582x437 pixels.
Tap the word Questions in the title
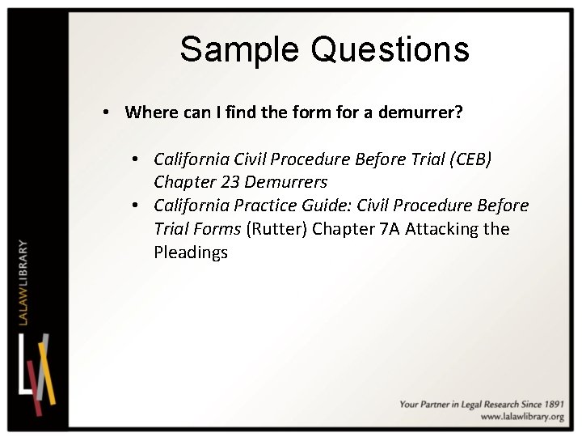[x=390, y=49]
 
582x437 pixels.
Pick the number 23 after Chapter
[x=229, y=182]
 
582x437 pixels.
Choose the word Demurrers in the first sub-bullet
[x=288, y=182]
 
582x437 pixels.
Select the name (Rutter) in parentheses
[x=277, y=229]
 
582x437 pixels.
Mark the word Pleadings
[x=191, y=252]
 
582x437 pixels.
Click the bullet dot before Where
[x=108, y=112]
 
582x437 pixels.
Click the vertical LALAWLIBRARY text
[x=23, y=284]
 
